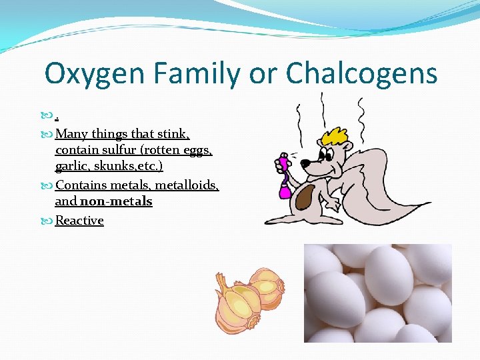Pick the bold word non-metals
(116, 201)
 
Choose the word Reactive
(79, 221)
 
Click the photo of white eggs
(377, 293)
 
